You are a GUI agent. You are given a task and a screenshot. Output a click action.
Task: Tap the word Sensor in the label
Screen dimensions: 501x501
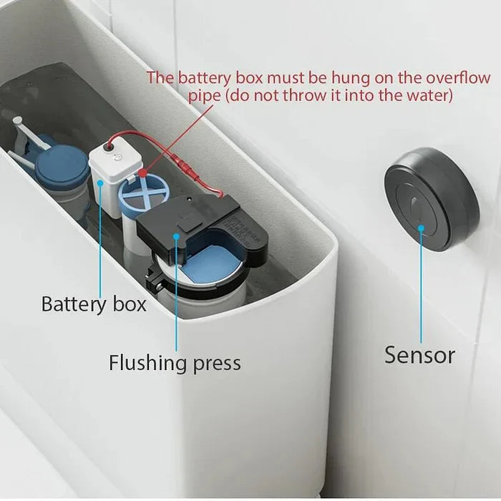click(x=420, y=354)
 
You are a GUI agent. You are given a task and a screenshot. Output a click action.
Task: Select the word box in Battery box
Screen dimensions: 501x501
click(x=130, y=303)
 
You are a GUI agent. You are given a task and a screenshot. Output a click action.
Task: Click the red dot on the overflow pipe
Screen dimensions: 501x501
click(x=143, y=172)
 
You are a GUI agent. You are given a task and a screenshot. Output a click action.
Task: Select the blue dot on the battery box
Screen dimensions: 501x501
click(x=101, y=184)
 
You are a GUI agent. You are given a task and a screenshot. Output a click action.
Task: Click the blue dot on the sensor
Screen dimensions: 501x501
click(x=422, y=228)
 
